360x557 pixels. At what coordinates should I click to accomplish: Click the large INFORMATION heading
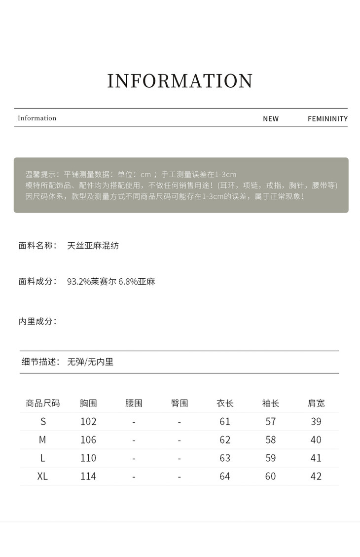click(x=180, y=81)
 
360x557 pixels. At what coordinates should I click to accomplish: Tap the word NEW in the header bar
click(x=270, y=118)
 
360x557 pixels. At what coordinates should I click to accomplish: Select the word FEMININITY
click(x=327, y=118)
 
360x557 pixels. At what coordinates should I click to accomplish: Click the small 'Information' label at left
click(x=37, y=118)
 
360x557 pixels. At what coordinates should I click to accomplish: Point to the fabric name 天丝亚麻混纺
click(x=93, y=245)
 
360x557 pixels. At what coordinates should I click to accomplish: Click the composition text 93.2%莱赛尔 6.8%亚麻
click(x=111, y=282)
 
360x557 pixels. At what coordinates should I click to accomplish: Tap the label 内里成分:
click(x=37, y=321)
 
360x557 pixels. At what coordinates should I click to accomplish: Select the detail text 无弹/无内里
click(x=90, y=362)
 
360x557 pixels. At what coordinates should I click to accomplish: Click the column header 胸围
click(x=88, y=403)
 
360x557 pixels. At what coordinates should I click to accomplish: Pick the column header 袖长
click(x=271, y=403)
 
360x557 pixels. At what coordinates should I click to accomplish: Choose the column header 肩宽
click(x=316, y=403)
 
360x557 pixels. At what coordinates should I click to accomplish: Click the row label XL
click(x=43, y=476)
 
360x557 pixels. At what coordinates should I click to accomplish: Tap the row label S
click(x=43, y=421)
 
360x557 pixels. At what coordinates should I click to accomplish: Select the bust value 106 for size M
click(x=88, y=440)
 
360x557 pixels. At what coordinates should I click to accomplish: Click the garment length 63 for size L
click(x=225, y=458)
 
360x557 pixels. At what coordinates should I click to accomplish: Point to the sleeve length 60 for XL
click(x=271, y=476)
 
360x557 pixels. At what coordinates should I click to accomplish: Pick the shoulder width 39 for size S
click(x=316, y=421)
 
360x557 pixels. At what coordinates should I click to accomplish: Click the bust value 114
click(x=88, y=476)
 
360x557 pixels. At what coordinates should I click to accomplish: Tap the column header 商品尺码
click(x=43, y=403)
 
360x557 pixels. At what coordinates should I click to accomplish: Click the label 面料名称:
click(x=37, y=245)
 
